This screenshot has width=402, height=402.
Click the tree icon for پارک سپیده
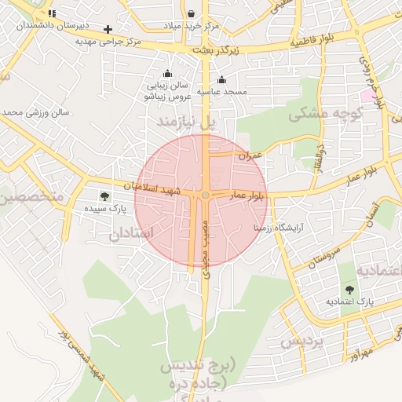(x=104, y=196)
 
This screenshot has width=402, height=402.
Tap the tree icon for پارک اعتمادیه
(x=349, y=290)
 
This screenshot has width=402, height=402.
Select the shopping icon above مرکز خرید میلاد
(x=192, y=13)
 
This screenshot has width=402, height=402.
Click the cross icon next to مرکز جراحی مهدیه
(x=108, y=29)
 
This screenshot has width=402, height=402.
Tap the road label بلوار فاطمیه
(x=317, y=42)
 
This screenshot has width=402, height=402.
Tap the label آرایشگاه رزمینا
(x=283, y=226)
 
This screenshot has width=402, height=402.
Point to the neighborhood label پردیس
(x=301, y=342)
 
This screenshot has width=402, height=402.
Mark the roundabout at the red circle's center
(x=205, y=195)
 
